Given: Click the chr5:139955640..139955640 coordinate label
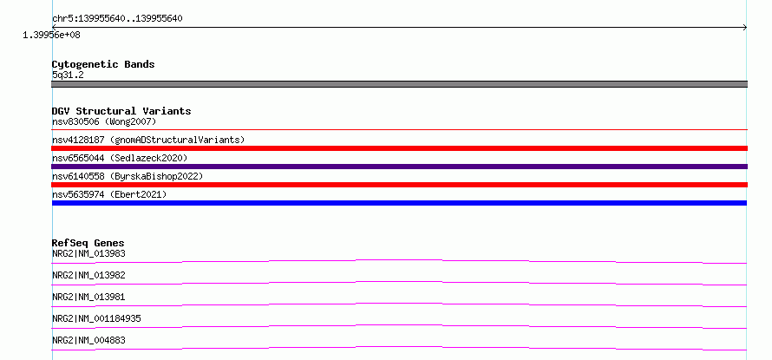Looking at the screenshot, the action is point(118,19).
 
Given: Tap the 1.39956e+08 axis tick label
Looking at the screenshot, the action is point(52,36).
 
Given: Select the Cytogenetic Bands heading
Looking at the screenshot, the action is point(103,64).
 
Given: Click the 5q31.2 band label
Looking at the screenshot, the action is point(68,75).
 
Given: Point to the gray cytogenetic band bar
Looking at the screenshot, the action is point(399,84).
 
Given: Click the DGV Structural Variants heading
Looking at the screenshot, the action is point(121,111).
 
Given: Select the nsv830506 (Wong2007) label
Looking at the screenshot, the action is point(104,121).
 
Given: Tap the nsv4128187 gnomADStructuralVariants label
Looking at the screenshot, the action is point(148,140).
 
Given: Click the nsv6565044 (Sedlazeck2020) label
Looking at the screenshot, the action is point(120,158).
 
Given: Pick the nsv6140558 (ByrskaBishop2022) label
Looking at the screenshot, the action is point(128,176).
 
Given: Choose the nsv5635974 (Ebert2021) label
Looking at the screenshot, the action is point(109,194).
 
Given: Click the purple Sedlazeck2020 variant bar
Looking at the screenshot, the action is point(399,167).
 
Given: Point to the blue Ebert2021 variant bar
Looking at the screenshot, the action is point(399,203).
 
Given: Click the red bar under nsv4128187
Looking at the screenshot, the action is point(399,148).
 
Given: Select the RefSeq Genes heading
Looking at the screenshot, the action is point(88,243).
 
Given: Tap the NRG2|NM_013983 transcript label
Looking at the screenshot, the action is point(88,254).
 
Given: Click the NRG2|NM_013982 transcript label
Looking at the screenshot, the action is point(88,276).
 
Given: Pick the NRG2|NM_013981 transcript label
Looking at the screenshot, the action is point(88,298).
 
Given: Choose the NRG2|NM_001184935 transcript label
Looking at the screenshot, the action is point(96,319).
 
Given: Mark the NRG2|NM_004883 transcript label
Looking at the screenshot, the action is point(88,341).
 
